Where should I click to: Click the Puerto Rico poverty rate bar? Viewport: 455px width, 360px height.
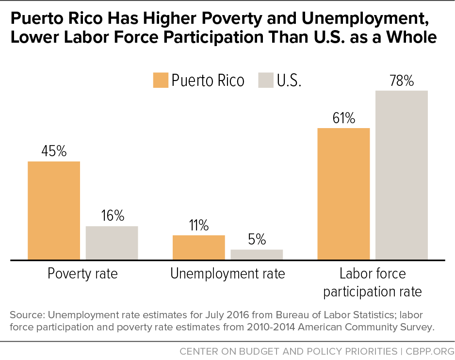click(x=54, y=211)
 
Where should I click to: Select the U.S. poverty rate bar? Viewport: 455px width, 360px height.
click(x=112, y=243)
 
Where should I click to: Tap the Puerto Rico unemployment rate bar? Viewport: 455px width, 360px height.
click(x=198, y=247)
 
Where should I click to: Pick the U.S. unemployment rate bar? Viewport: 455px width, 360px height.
click(x=257, y=255)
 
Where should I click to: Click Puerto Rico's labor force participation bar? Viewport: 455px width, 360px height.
click(x=343, y=194)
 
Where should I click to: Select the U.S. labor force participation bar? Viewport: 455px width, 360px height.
click(x=401, y=175)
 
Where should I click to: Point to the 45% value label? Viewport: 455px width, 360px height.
click(x=54, y=151)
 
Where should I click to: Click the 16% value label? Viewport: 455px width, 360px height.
click(x=112, y=216)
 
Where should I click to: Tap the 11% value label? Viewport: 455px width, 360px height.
click(x=198, y=225)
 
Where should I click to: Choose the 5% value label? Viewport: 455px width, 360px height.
click(x=257, y=239)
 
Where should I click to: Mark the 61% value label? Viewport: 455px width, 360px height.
click(x=343, y=118)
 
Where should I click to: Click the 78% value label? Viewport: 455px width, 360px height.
click(x=401, y=81)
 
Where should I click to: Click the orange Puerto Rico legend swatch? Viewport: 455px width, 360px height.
click(x=161, y=80)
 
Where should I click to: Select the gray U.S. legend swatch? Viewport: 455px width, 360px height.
click(x=266, y=80)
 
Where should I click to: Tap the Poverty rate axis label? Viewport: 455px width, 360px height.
click(x=82, y=274)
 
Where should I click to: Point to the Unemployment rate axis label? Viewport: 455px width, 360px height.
click(x=227, y=274)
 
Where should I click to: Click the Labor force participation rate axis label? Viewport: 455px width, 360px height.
click(x=373, y=282)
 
